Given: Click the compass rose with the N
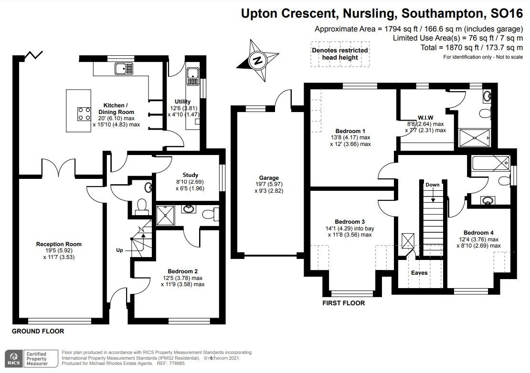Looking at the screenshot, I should pos(258,61).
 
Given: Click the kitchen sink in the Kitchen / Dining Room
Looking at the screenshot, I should pos(123,69).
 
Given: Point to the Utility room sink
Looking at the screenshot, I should pos(193,73).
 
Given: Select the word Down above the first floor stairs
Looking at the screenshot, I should pos(432,185).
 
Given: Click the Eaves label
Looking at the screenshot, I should pos(420,273).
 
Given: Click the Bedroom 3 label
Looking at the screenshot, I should pos(350,222).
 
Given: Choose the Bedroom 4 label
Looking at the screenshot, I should pos(479,233).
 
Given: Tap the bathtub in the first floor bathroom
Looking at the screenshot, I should pos(489,165).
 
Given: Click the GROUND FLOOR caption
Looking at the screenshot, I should pos(37,331).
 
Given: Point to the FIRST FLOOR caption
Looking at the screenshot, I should pos(343,303).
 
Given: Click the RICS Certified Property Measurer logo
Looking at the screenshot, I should pos(29,359).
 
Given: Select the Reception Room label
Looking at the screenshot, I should pos(59,244).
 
